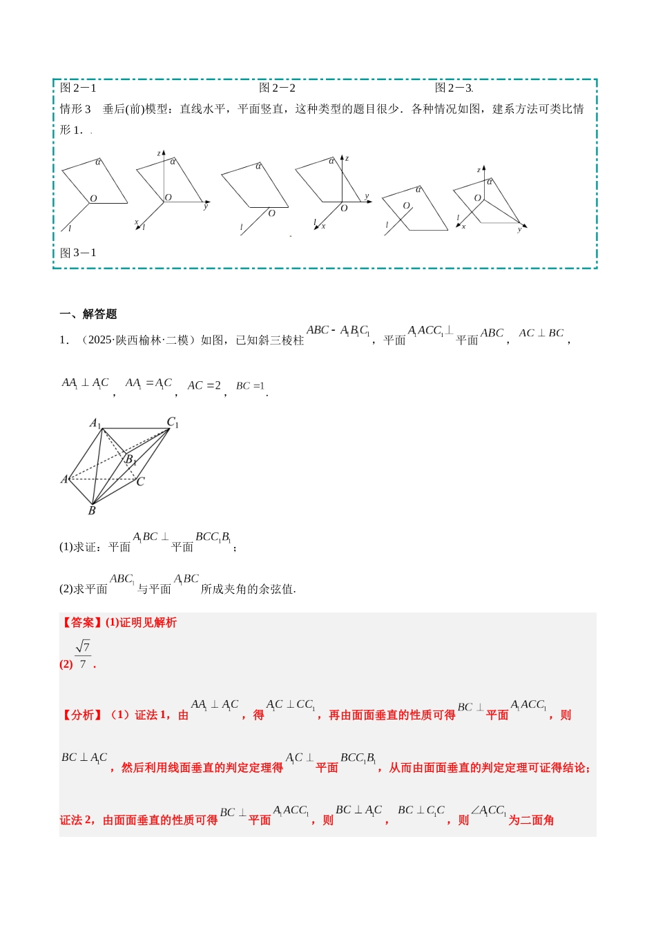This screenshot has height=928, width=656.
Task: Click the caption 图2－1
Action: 78,88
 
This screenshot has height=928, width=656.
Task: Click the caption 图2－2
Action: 277,88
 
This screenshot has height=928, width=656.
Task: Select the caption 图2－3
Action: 453,88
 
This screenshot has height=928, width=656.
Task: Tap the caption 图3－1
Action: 78,253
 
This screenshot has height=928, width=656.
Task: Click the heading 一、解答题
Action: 88,314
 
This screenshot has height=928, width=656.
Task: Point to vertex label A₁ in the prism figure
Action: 95,423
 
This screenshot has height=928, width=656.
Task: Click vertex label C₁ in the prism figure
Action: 173,422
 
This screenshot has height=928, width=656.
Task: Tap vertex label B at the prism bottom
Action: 92,511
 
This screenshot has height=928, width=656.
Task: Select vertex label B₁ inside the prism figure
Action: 130,459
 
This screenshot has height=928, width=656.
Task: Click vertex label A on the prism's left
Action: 65,479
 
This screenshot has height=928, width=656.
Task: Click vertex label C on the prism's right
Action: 141,481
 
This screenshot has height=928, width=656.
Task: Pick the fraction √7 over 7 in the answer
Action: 83,655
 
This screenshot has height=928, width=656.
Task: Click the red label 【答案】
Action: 81,623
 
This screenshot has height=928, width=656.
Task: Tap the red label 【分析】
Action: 81,715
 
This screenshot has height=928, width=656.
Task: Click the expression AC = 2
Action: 204,385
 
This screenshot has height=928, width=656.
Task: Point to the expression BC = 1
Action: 250,386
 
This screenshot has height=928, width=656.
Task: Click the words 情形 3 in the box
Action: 75,109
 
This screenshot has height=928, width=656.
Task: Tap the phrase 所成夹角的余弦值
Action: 248,589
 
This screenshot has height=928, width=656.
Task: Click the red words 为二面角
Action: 531,820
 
